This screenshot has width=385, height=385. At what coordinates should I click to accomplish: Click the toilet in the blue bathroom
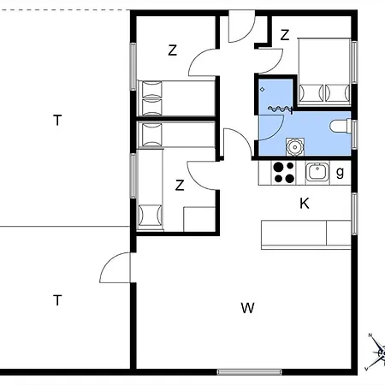coord(341,126)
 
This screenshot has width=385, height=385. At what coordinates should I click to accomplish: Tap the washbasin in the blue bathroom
coord(295,147)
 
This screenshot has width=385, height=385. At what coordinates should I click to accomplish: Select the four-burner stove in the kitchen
coord(283,172)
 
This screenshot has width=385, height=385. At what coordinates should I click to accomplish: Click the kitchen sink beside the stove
coord(317,172)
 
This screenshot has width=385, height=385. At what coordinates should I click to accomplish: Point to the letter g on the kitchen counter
coord(340,172)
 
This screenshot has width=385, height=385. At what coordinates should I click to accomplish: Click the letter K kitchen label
coord(305,204)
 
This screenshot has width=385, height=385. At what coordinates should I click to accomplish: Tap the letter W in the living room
coord(247,308)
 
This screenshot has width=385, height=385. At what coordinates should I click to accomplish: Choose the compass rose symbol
coord(376,352)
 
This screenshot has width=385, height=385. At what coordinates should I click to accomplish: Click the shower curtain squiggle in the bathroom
coord(281,109)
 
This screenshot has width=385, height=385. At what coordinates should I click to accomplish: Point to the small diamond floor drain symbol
coord(262,90)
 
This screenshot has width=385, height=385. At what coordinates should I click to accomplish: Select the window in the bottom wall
coord(250,372)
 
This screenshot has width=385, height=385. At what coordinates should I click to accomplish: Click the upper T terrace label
coord(57,121)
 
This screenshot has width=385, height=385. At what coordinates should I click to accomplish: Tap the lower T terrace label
coord(57,300)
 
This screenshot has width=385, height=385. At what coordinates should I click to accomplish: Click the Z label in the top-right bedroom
coord(285,35)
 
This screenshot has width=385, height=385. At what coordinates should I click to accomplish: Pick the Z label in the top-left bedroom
coord(172,50)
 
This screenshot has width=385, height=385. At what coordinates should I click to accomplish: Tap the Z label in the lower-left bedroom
coord(180,186)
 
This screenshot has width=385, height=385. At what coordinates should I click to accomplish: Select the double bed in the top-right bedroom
coord(324,71)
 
